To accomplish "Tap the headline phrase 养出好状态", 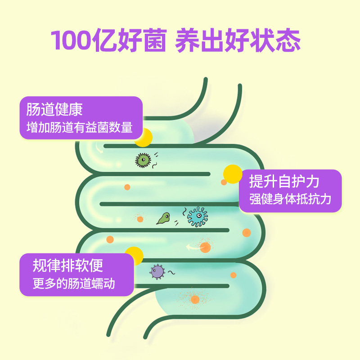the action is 238,40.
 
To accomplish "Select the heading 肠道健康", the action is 54,110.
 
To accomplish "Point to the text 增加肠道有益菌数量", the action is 80,127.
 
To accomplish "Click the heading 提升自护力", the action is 284,181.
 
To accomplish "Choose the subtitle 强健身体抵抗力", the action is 290,199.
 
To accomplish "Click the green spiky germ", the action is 143,160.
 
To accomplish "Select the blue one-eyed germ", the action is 197,216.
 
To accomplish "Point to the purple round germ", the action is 157,271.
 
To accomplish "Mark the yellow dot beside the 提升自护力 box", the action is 233,174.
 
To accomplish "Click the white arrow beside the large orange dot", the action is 193,247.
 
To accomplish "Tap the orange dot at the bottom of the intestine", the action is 195,299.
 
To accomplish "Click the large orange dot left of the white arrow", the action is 205,247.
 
